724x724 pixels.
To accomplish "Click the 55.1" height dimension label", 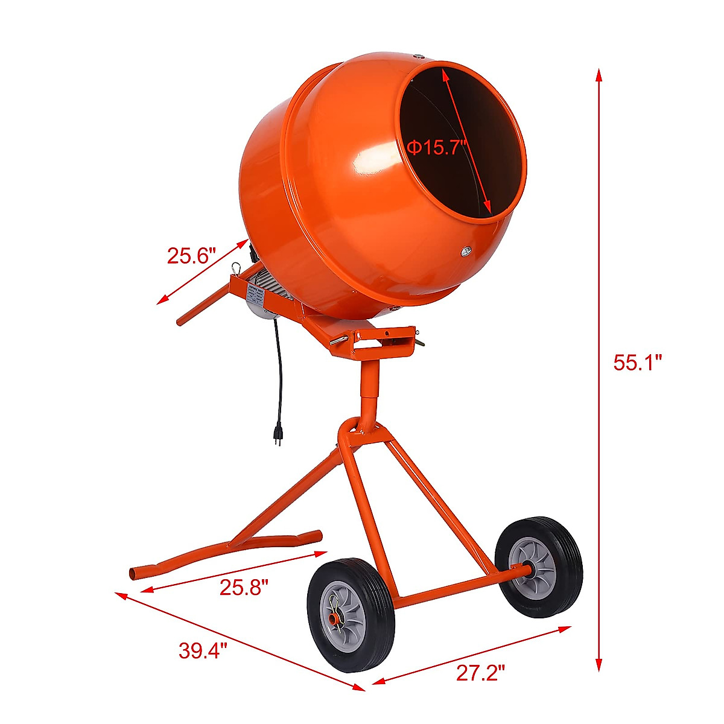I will [x=638, y=363].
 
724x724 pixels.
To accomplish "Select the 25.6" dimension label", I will [x=191, y=256].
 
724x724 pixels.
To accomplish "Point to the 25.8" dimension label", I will [x=243, y=586].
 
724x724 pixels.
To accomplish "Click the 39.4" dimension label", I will [x=203, y=650].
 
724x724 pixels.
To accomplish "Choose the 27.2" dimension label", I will [x=480, y=673].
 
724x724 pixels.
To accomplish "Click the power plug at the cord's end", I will [x=279, y=434].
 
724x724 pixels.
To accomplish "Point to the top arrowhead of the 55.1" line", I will [x=599, y=74].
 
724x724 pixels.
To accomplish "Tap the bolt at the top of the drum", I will [x=419, y=57].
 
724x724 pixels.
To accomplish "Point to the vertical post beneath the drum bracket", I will [x=369, y=386].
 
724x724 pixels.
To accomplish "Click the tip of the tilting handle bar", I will [x=180, y=322].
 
